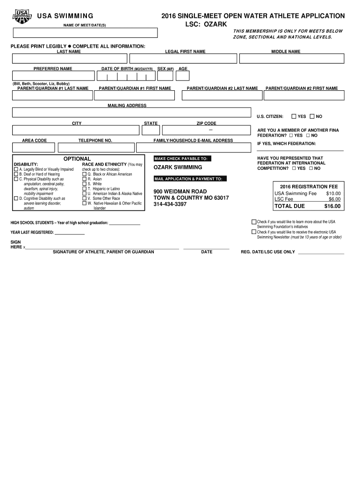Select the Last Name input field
point(70,58)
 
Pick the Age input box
point(183,76)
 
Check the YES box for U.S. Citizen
point(294,116)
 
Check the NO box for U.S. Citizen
point(312,116)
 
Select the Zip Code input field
point(207,131)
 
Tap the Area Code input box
point(34,147)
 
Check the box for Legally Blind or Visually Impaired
point(16,169)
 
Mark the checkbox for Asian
point(85,179)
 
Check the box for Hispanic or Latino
point(85,189)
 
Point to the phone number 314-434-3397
point(170,204)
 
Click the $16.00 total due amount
point(332,206)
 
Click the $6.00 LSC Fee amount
point(334,199)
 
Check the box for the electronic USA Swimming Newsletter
point(254,232)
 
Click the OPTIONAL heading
point(77,159)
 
